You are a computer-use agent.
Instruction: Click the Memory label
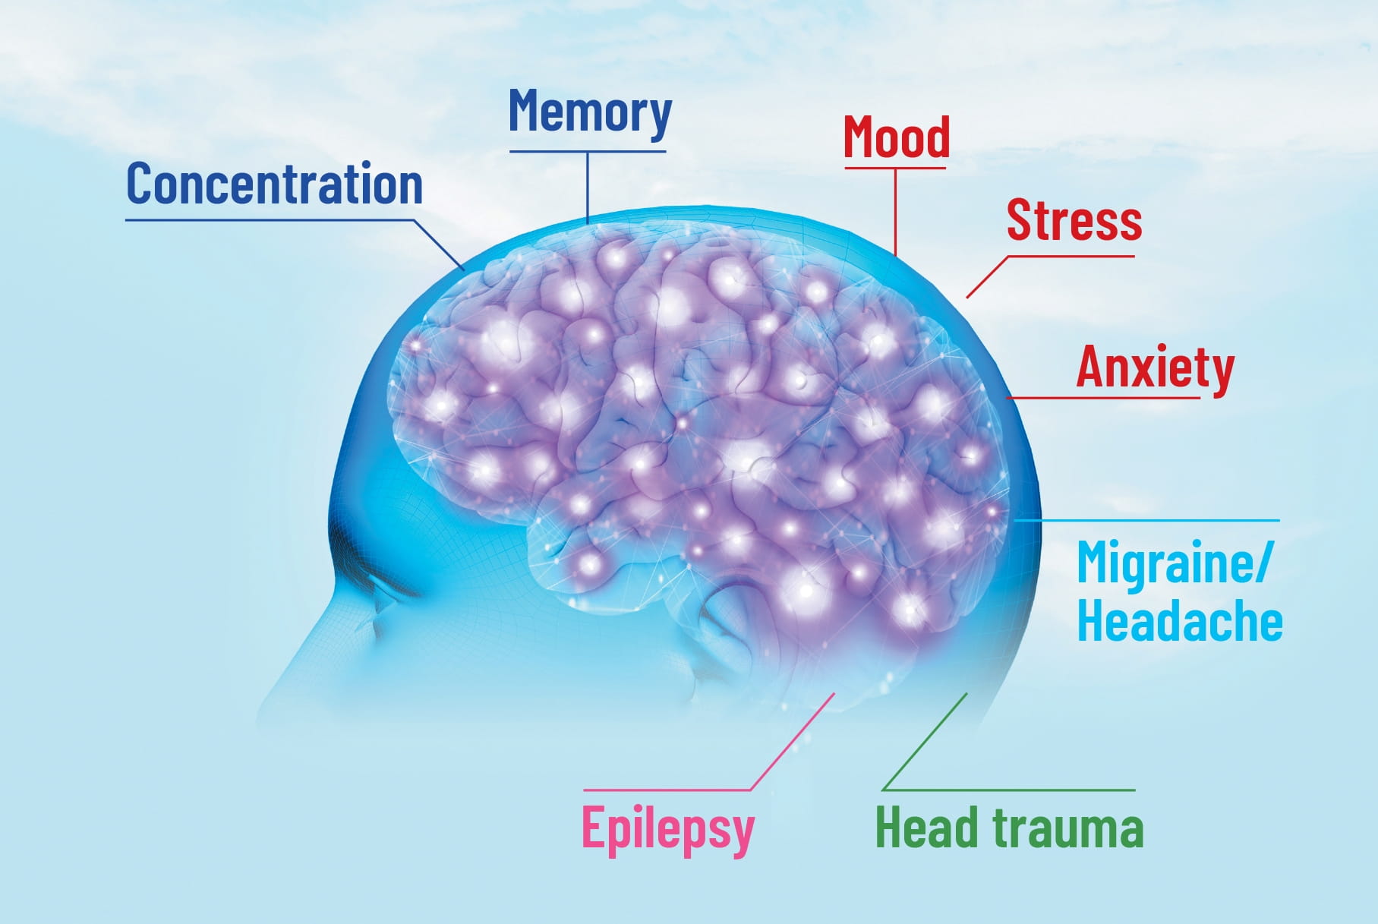pos(590,112)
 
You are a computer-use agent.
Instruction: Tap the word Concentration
pos(274,184)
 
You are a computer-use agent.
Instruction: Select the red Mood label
pos(897,137)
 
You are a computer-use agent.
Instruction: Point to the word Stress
pos(1074,220)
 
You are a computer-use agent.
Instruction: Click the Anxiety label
pos(1155,367)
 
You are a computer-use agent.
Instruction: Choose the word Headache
pos(1180,622)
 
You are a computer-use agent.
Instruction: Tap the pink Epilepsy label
pos(667,828)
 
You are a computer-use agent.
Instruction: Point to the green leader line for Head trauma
pos(925,743)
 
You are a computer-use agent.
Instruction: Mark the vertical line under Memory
pos(588,186)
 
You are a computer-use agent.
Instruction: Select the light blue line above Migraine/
pos(1146,520)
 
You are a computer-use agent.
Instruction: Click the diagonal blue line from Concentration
pos(439,244)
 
